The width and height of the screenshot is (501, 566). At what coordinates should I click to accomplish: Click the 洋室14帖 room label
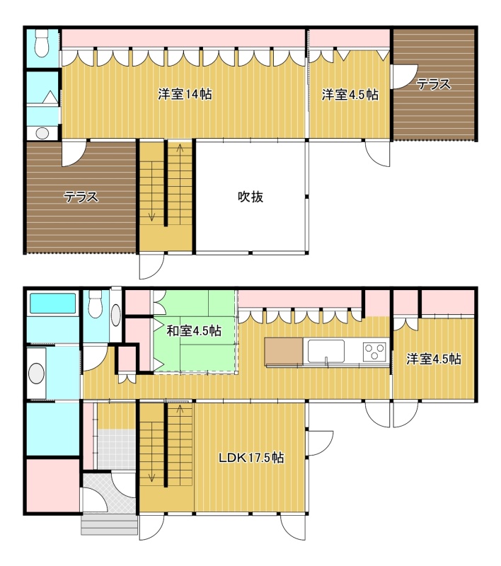pyautogui.click(x=185, y=94)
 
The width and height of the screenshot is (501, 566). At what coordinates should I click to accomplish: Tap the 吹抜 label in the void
pyautogui.click(x=250, y=197)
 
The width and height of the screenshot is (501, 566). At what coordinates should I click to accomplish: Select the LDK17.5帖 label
pyautogui.click(x=252, y=458)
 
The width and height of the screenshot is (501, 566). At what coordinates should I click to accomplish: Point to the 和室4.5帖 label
pyautogui.click(x=194, y=330)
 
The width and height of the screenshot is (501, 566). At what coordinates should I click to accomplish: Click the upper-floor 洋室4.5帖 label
pyautogui.click(x=350, y=95)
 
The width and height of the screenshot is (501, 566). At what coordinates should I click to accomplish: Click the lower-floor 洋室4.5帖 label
pyautogui.click(x=434, y=359)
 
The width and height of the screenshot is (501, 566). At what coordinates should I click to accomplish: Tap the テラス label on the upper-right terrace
pyautogui.click(x=433, y=84)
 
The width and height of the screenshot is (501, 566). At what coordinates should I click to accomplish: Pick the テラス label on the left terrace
pyautogui.click(x=81, y=197)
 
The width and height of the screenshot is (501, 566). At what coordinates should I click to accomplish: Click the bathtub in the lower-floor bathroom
pyautogui.click(x=52, y=304)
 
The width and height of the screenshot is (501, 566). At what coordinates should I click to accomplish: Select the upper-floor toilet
pyautogui.click(x=42, y=43)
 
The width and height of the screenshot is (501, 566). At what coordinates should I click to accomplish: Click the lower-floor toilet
pyautogui.click(x=96, y=304)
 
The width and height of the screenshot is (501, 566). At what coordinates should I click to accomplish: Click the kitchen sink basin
pyautogui.click(x=326, y=351)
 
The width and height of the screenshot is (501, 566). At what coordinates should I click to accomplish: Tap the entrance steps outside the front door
pyautogui.click(x=110, y=524)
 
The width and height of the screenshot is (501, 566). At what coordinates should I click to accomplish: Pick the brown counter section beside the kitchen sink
pyautogui.click(x=284, y=352)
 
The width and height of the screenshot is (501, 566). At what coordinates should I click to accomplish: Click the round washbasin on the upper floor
pyautogui.click(x=42, y=133)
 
